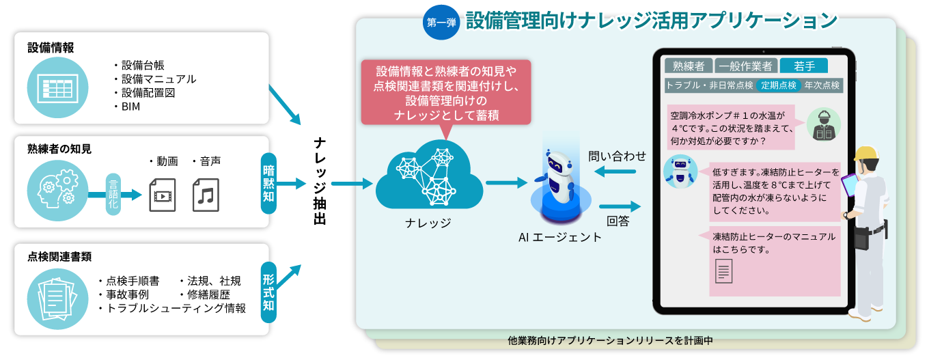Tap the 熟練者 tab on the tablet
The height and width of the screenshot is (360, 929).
click(688, 66)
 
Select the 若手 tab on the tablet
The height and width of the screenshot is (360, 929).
click(803, 66)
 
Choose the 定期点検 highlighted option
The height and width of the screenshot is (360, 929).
click(779, 85)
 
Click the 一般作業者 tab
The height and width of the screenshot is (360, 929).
click(746, 66)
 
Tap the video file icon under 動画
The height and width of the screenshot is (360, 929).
click(162, 195)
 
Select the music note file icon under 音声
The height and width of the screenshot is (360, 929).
click(206, 195)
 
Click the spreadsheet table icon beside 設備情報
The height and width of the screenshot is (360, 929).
click(58, 87)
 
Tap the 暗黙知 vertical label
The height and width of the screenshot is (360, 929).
click(269, 183)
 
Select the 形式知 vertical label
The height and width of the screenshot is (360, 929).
click(269, 294)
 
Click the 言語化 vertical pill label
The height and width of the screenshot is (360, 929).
click(113, 195)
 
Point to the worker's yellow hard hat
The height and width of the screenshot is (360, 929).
click(865, 154)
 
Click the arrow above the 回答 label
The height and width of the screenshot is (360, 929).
click(620, 206)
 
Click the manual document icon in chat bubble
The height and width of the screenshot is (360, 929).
click(723, 274)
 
